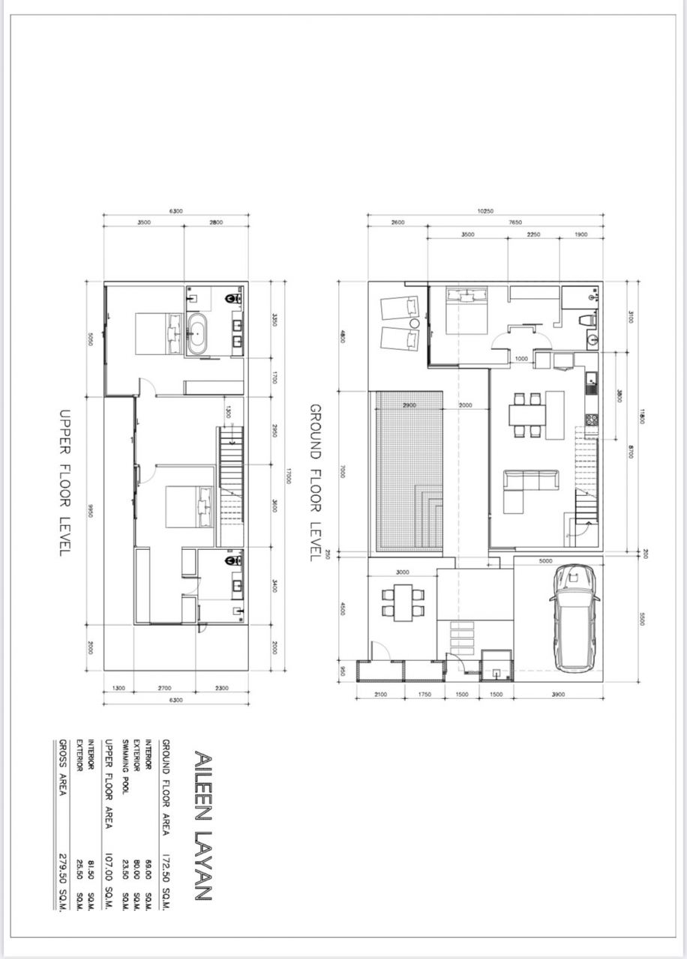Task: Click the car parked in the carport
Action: coord(574,618)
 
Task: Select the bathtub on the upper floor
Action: coord(199,333)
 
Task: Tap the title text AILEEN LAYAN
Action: coord(202,824)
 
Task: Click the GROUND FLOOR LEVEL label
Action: coord(315,482)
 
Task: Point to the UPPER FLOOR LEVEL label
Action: coord(64,482)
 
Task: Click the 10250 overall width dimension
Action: coord(484,211)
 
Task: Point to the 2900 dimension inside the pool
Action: coord(409,405)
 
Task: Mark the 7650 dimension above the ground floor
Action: coord(515,223)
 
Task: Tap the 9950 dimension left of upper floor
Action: coord(89,510)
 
